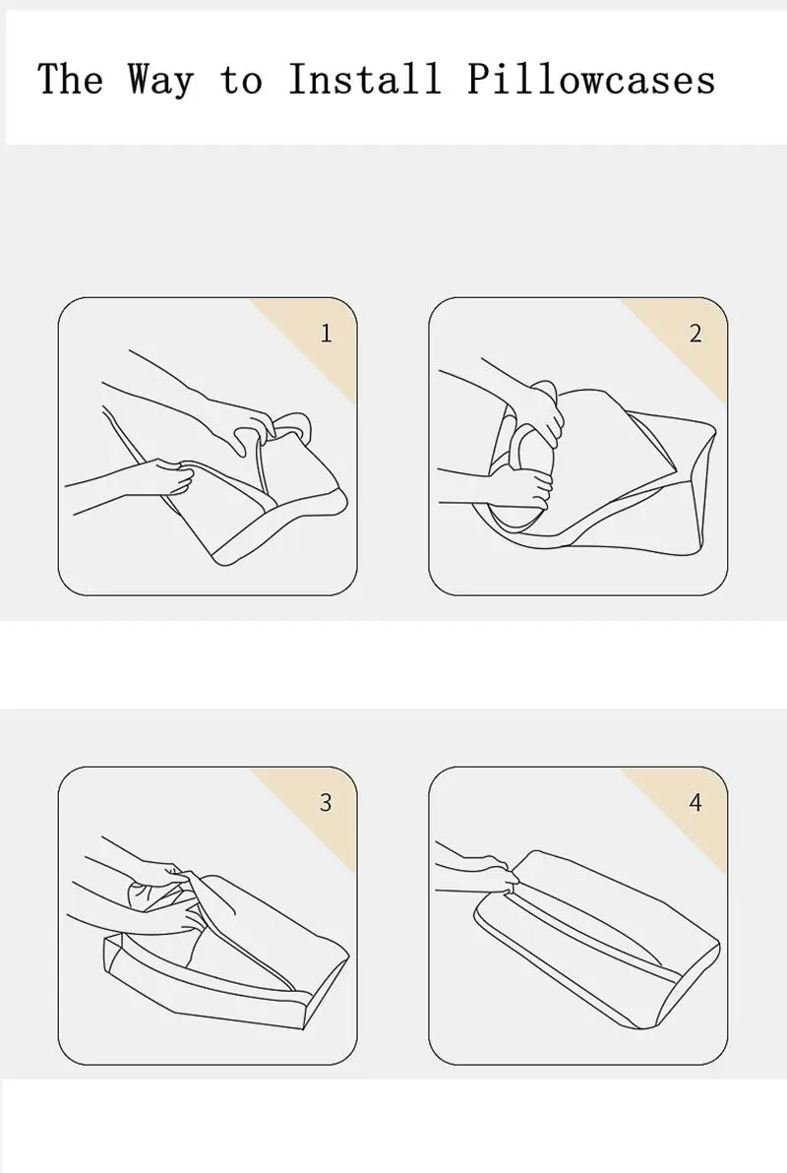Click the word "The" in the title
tap(70, 80)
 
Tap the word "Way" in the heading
tap(160, 81)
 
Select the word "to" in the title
tap(242, 81)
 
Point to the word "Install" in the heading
tap(365, 80)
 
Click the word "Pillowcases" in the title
tap(591, 81)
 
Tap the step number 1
tap(327, 333)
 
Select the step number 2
tap(696, 333)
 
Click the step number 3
tap(326, 802)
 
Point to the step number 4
tap(696, 802)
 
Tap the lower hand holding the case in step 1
tap(168, 477)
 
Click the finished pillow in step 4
tap(598, 935)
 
